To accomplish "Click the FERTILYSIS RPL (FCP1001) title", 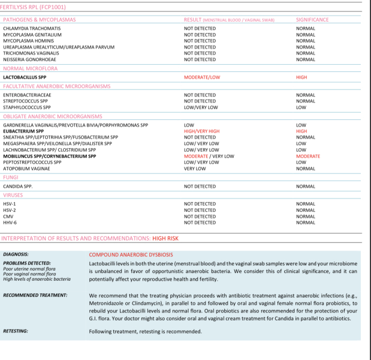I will (x=34, y=7).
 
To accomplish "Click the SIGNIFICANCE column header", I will (x=312, y=20).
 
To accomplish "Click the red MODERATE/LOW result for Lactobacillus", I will (x=202, y=77).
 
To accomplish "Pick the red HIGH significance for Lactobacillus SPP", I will (x=301, y=77).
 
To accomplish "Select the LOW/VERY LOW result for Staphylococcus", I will (x=201, y=107).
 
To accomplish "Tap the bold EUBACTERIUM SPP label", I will (x=23, y=131).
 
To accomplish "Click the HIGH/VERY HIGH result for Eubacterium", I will (x=202, y=131).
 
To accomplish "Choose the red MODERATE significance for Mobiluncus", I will (x=308, y=156).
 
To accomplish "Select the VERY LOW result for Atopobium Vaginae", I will (x=195, y=169).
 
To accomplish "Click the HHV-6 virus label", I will (x=10, y=223).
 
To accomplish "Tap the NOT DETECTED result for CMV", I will (x=200, y=217).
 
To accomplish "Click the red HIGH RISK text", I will (x=165, y=238).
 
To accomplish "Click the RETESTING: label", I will (x=16, y=331).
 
